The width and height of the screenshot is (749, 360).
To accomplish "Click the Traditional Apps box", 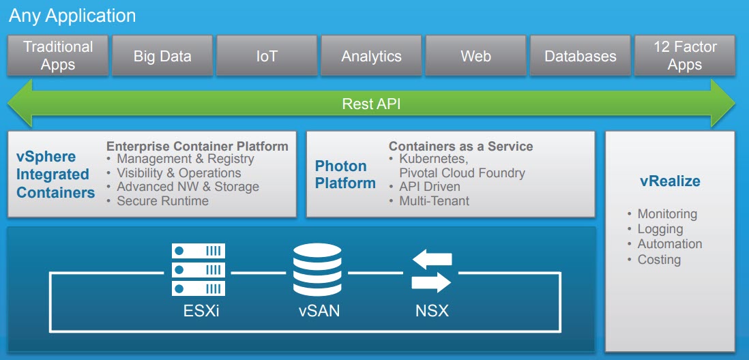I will [58, 56].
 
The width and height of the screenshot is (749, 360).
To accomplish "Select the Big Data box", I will [162, 56].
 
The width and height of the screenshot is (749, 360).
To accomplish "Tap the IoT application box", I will [267, 56].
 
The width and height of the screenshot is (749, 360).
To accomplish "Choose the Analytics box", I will [371, 56].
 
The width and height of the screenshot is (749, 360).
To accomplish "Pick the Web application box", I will [475, 56].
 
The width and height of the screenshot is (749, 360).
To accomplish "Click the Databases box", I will [580, 56].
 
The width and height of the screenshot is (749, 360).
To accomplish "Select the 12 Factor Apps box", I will [685, 56].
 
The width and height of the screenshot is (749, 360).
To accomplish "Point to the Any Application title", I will [72, 16].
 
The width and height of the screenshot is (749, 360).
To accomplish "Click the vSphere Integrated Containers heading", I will [55, 175].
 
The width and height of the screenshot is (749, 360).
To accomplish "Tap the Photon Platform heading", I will [345, 175].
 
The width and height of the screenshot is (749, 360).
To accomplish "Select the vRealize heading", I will [670, 181].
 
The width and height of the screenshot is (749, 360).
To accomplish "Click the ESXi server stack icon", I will [199, 270].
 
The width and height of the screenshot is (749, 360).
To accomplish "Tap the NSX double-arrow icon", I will [432, 270].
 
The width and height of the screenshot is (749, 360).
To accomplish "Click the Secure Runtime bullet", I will [162, 200].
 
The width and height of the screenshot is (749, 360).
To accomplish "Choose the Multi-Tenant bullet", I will [434, 200].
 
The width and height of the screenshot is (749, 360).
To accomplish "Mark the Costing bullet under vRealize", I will [658, 259].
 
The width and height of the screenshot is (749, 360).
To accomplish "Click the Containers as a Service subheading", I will [460, 146].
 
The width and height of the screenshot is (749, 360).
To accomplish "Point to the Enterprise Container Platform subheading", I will [197, 146].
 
